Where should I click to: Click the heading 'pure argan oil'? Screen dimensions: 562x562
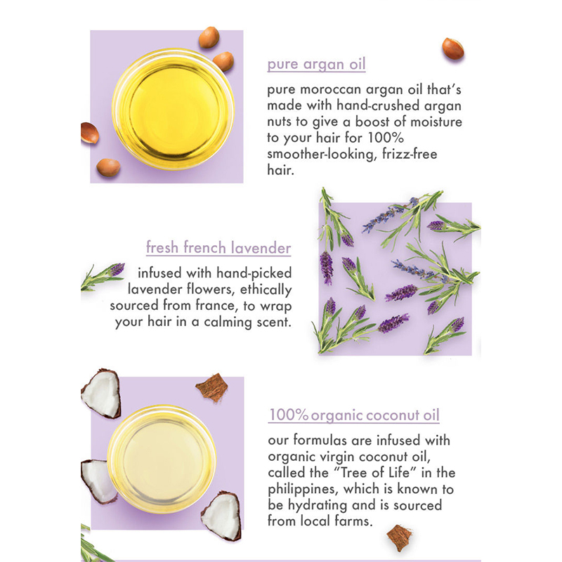(316, 65)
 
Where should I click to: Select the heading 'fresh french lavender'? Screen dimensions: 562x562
(218, 248)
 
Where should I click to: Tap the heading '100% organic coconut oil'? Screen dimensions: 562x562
(354, 415)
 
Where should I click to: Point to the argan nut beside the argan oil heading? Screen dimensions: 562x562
(452, 48)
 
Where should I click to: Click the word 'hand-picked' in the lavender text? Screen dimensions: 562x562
(255, 273)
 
